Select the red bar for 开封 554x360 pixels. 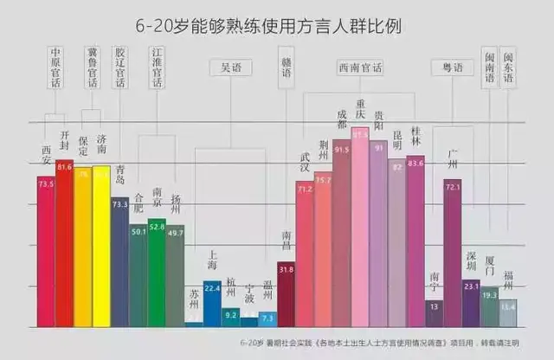tap(64, 242)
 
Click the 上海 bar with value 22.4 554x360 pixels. tap(212, 303)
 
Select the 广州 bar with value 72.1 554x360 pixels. tap(452, 252)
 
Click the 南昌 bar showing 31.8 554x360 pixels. tap(287, 293)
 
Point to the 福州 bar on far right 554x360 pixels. tap(508, 312)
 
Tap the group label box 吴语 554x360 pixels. tap(230, 66)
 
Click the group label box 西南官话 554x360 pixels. tap(360, 66)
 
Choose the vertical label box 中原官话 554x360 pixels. tap(55, 67)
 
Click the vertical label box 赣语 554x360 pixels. tap(287, 67)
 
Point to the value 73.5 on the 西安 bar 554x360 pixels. tap(45, 183)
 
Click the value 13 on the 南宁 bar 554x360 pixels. tap(435, 306)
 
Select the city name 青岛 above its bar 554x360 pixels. tap(119, 175)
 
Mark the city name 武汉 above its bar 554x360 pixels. tap(305, 162)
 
